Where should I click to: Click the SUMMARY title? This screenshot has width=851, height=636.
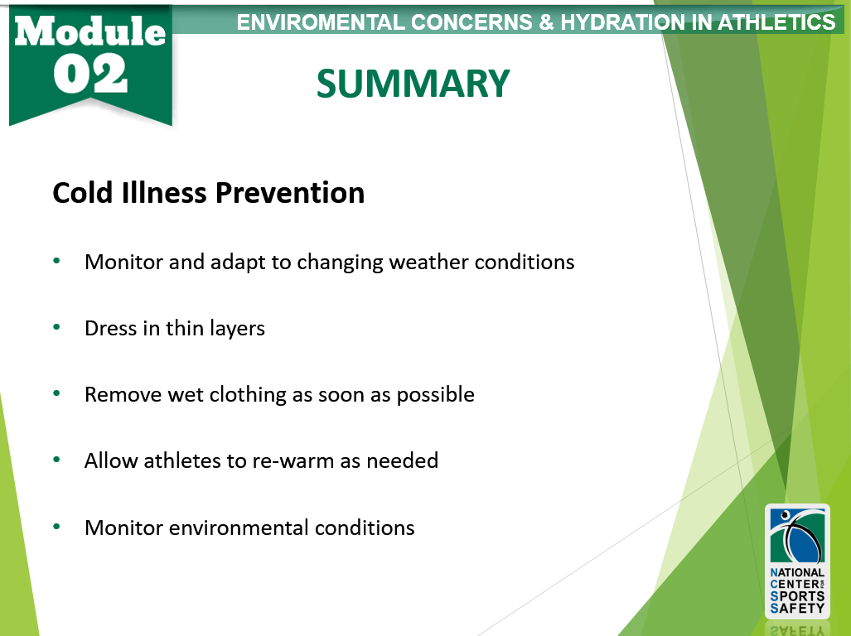[x=413, y=84]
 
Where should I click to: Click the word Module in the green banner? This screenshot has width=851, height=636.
[x=90, y=31]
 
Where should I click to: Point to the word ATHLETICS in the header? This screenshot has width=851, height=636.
[x=776, y=22]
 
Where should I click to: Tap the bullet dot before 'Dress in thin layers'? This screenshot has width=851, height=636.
[x=56, y=327]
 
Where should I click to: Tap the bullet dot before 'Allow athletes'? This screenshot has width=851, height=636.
[x=56, y=460]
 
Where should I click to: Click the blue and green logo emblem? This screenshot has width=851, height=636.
[x=797, y=535]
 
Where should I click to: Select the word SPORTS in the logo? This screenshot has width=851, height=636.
[x=797, y=596]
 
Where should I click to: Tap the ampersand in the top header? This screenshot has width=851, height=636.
[x=546, y=22]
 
